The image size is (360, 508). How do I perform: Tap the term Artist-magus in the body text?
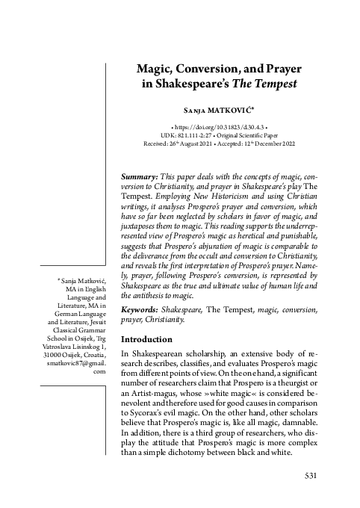pos(157,404)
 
